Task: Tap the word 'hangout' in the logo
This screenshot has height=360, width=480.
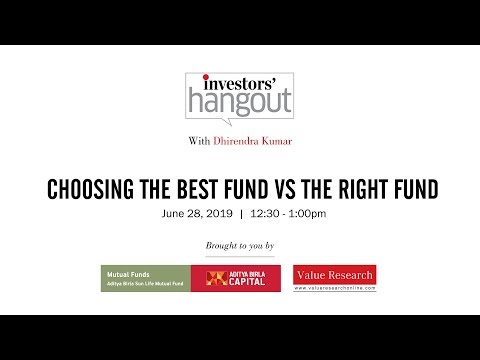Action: (239, 103)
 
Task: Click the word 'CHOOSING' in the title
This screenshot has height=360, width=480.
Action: (108, 190)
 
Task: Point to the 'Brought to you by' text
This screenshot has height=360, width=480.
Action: (239, 245)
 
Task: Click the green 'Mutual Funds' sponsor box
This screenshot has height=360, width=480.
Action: (145, 278)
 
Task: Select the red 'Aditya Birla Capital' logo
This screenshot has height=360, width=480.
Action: (235, 278)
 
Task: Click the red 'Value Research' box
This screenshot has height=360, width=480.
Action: (335, 274)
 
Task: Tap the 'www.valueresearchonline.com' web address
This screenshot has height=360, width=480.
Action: (335, 288)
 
